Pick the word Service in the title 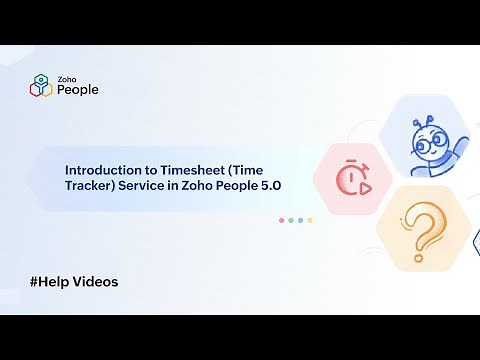(147, 187)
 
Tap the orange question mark (420, 229)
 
